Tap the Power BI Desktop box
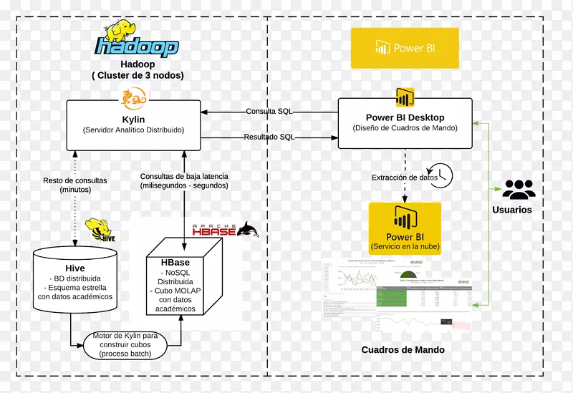405,124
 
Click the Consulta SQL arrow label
269,112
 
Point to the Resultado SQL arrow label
269,137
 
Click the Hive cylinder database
75,279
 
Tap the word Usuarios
512,210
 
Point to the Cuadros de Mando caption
403,350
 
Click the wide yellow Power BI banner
405,48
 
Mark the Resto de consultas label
75,185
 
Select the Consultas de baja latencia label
184,181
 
